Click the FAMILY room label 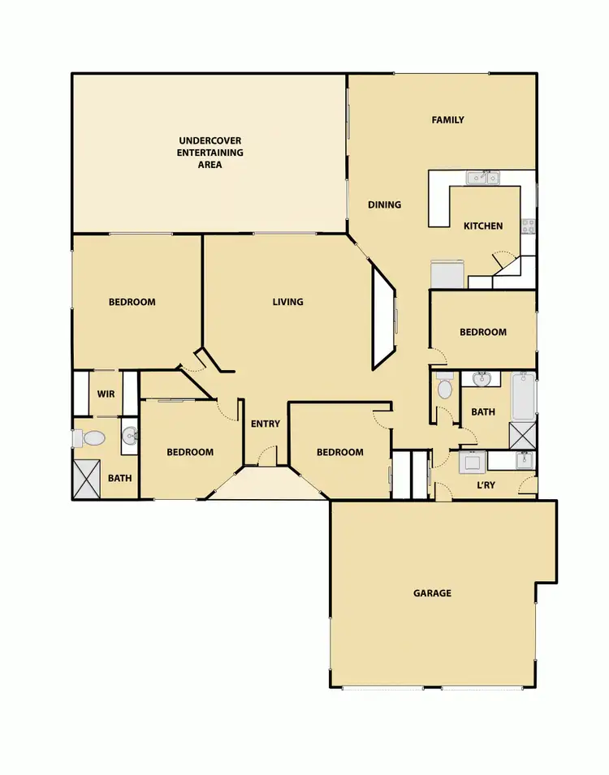pyautogui.click(x=447, y=120)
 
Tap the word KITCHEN pyautogui.click(x=483, y=226)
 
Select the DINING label pyautogui.click(x=384, y=205)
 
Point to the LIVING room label pyautogui.click(x=287, y=302)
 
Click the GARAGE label pyautogui.click(x=432, y=593)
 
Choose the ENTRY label pyautogui.click(x=266, y=424)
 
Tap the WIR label pyautogui.click(x=106, y=394)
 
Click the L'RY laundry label pyautogui.click(x=486, y=484)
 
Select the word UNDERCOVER pyautogui.click(x=210, y=140)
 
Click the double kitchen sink pyautogui.click(x=483, y=178)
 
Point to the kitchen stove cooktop pyautogui.click(x=529, y=224)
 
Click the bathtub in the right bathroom pyautogui.click(x=523, y=396)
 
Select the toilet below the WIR pyautogui.click(x=92, y=438)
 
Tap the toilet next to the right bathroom pyautogui.click(x=444, y=389)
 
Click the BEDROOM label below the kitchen pyautogui.click(x=482, y=332)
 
